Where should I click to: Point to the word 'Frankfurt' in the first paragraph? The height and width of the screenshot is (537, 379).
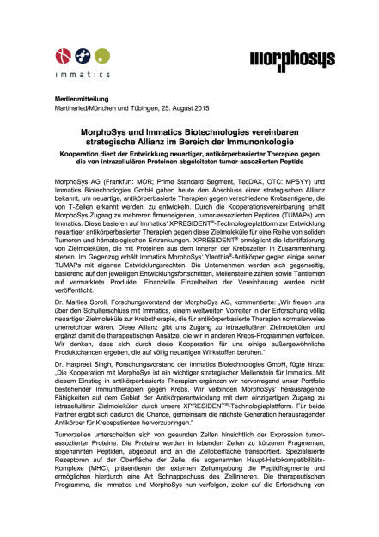118,185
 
